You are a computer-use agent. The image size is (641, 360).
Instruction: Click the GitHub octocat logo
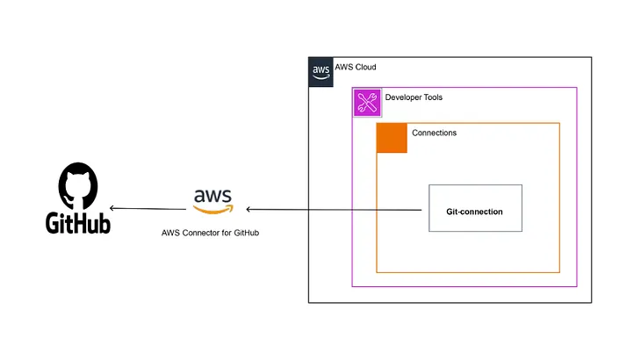[x=78, y=186]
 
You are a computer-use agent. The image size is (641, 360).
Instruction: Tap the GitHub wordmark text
[x=78, y=223]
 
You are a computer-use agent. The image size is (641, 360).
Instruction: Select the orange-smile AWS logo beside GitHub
[x=213, y=201]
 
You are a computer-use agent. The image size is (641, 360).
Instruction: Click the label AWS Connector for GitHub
[x=210, y=233]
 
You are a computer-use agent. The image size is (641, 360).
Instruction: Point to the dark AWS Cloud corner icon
[x=320, y=72]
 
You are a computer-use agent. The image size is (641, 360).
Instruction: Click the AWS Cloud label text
[x=356, y=67]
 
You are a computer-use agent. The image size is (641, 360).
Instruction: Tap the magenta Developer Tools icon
[x=367, y=103]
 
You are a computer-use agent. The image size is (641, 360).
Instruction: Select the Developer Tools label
[x=414, y=97]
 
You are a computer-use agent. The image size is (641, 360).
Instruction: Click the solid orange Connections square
[x=392, y=138]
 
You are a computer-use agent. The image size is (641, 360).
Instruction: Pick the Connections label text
[x=434, y=133]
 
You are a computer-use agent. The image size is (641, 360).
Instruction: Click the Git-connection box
[x=475, y=208]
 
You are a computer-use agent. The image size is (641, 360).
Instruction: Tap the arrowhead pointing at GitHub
[x=112, y=208]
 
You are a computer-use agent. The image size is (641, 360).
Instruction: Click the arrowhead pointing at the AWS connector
[x=248, y=209]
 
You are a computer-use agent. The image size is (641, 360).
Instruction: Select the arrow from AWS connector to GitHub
[x=148, y=209]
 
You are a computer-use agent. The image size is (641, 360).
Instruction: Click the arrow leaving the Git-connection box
[x=334, y=210]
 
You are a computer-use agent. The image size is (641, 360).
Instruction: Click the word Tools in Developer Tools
[x=433, y=97]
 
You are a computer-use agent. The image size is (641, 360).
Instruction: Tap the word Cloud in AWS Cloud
[x=366, y=67]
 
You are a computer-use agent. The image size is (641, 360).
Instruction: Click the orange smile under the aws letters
[x=213, y=210]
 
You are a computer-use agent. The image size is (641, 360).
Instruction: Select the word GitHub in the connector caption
[x=247, y=233]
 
